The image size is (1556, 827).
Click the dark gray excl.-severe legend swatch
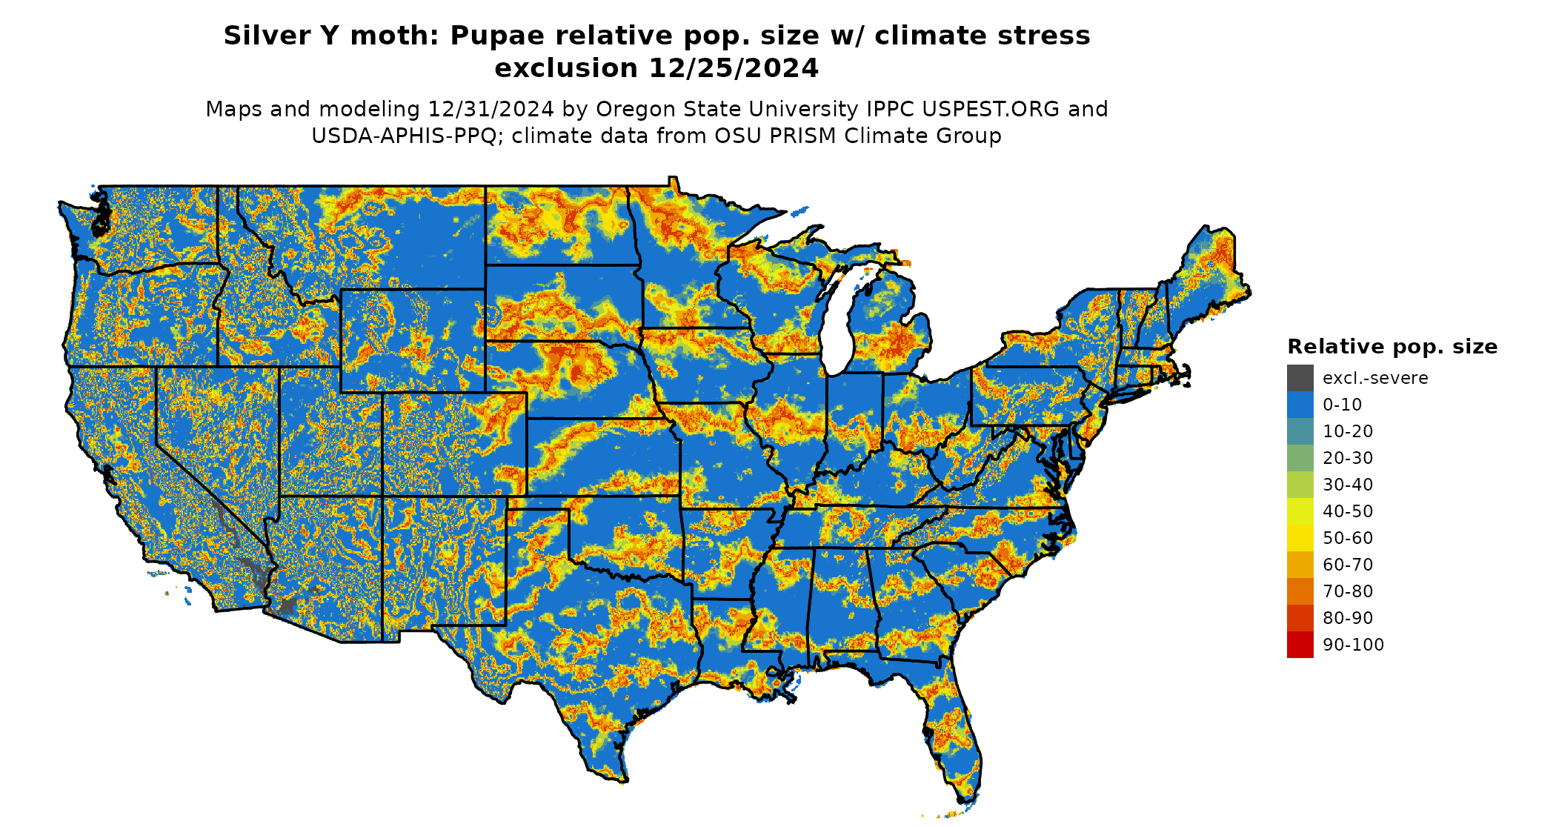coord(1300,378)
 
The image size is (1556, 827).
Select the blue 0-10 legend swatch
coord(1300,405)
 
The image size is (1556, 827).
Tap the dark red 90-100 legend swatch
coord(1300,645)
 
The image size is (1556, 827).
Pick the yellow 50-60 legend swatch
coord(1300,538)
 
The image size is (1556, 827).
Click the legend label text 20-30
coord(1348,458)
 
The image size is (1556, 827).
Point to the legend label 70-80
coord(1348,591)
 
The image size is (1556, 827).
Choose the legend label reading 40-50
coord(1348,511)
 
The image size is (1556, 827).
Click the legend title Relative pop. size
coord(1392,347)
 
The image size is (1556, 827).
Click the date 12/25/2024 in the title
coord(734,68)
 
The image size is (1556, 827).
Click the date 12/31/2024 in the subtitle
coord(491,109)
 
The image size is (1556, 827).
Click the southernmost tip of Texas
coord(624,780)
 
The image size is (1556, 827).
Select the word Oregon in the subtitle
coord(634,109)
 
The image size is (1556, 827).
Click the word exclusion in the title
coord(566,68)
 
